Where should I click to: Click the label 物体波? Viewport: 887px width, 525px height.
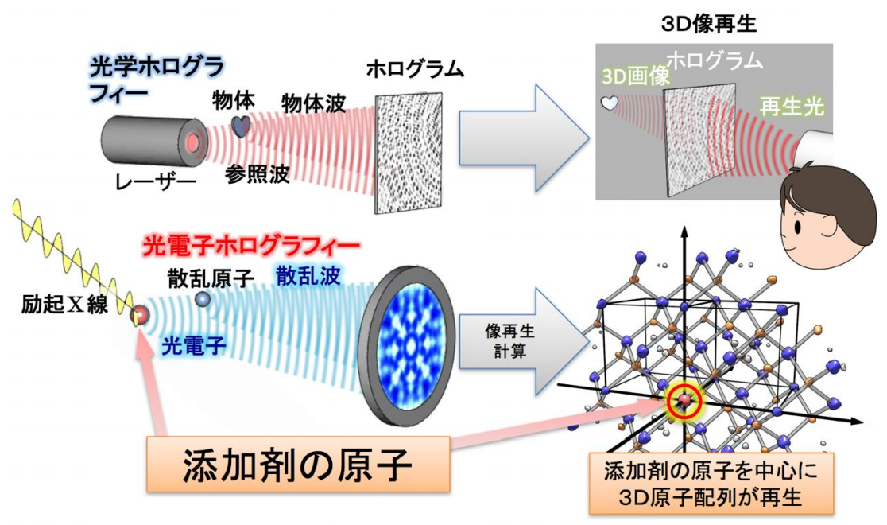coord(314,103)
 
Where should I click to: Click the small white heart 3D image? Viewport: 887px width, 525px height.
coord(608,103)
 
